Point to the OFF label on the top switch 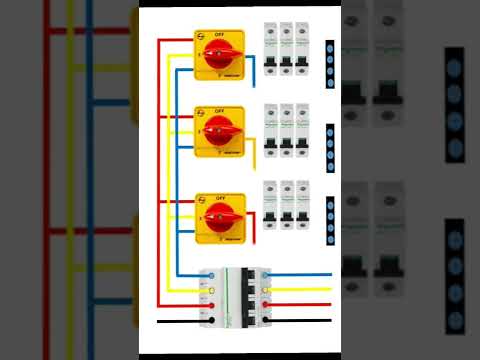tap(219, 34)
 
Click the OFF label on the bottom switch tap(219, 195)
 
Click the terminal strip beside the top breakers tap(330, 59)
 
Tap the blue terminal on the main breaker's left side tap(209, 274)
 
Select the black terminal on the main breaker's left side tap(209, 320)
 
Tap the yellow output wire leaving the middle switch tap(254, 156)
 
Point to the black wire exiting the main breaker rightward tap(300, 320)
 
